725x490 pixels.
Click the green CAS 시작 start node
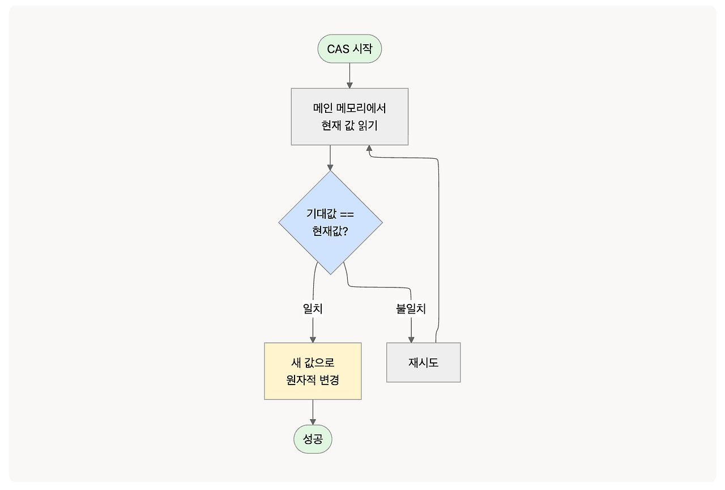pos(349,49)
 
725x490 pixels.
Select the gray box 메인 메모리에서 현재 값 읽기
pos(349,116)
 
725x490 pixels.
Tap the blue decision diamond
pos(330,222)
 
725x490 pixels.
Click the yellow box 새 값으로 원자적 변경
pos(313,371)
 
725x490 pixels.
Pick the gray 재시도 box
pos(423,362)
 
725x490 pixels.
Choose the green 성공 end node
pos(313,439)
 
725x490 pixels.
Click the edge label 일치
pos(313,308)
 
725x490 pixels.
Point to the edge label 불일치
pos(411,308)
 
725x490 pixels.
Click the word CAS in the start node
pos(338,49)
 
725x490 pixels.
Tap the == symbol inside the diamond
pos(347,214)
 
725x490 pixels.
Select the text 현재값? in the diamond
pos(330,231)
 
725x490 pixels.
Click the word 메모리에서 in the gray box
pos(361,108)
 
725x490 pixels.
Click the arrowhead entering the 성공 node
pos(313,421)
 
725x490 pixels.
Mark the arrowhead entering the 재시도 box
pos(411,339)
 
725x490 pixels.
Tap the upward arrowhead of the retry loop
pos(369,149)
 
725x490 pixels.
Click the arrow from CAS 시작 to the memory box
pos(349,75)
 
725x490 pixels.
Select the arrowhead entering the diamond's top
pos(330,167)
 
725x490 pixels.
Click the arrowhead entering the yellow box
pos(313,339)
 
